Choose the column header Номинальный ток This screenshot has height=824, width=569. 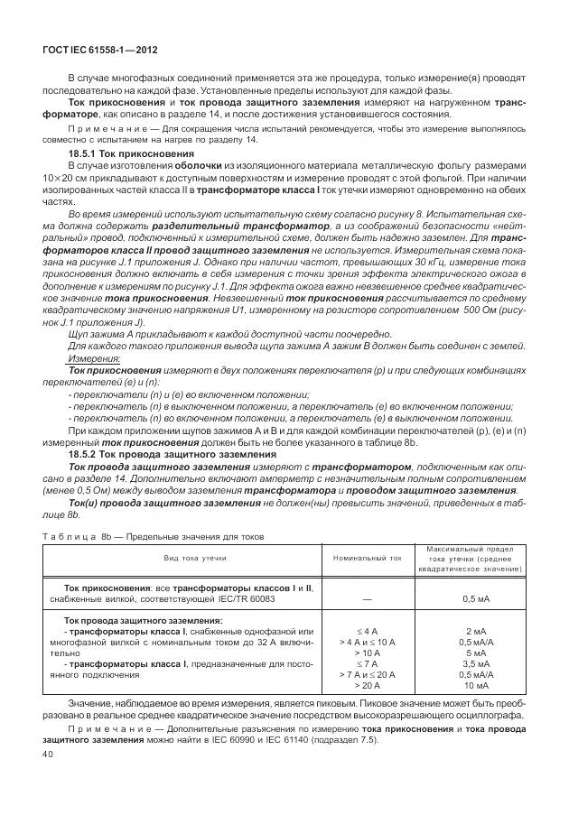click(368, 559)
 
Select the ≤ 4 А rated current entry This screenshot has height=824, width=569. click(368, 631)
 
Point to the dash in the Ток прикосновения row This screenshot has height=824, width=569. click(368, 598)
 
